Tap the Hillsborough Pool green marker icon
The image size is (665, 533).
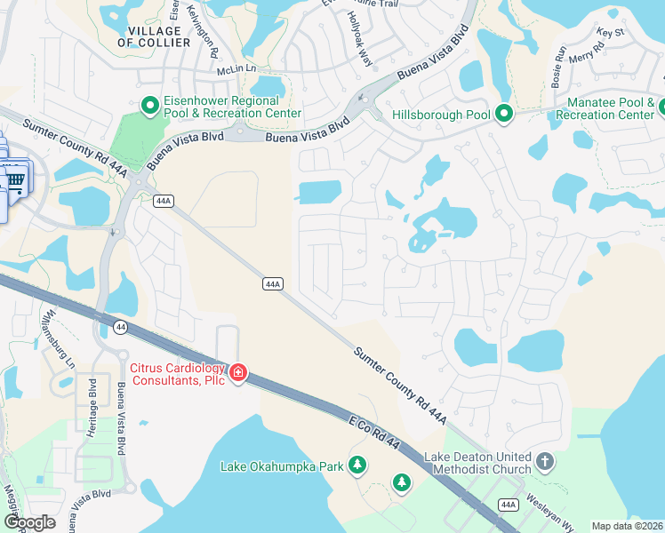click(504, 115)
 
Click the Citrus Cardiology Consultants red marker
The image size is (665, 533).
click(237, 372)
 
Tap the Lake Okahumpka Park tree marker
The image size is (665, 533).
click(357, 465)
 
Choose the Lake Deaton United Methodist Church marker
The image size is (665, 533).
click(545, 462)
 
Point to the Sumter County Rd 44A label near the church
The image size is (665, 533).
click(399, 385)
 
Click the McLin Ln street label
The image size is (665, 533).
click(236, 68)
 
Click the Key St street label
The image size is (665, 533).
click(612, 33)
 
